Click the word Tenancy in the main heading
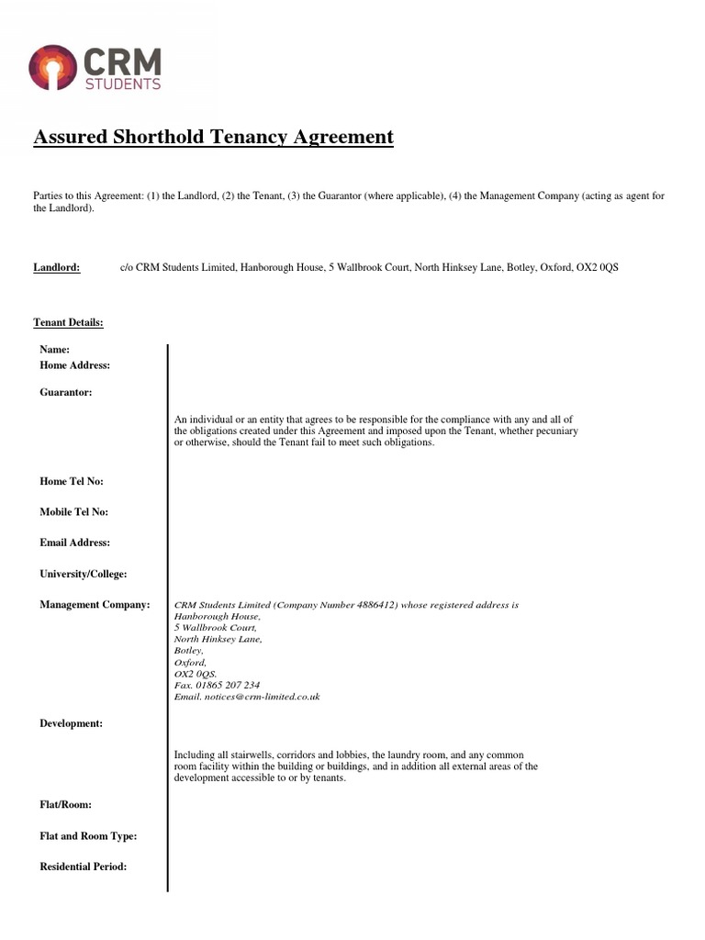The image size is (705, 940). click(247, 138)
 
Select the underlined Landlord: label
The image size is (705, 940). click(57, 267)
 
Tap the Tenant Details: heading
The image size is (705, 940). click(68, 322)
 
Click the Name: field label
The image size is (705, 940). click(55, 350)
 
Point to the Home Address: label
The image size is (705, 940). click(75, 365)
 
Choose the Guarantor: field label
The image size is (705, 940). click(66, 393)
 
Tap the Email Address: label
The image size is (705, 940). click(75, 543)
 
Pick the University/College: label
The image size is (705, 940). click(84, 574)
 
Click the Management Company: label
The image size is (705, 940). click(95, 605)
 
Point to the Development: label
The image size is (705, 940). click(72, 723)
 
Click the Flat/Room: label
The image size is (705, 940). click(65, 805)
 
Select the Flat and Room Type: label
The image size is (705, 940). click(88, 836)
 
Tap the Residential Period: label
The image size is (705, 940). click(84, 867)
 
